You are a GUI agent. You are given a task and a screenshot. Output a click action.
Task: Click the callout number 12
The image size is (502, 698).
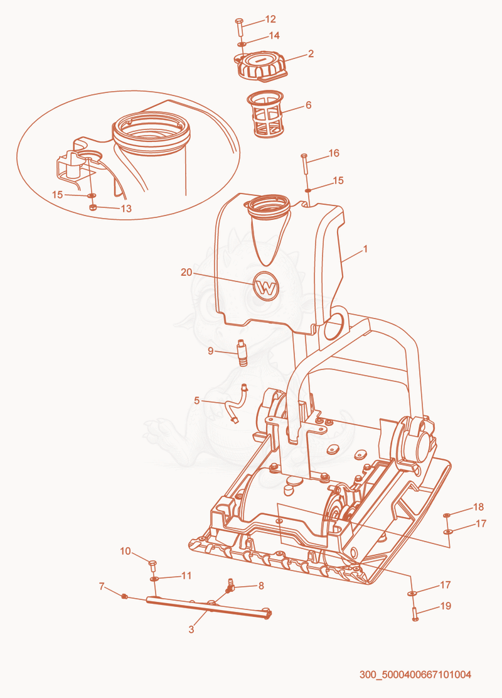(270, 19)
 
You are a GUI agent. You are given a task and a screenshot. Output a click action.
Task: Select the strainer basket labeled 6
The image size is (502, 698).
(265, 114)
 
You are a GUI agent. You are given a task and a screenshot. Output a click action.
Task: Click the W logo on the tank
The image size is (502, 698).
(266, 286)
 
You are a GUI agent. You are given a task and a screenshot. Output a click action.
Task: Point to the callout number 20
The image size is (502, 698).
(186, 272)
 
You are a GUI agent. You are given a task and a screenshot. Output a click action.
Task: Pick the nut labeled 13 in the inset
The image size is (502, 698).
(92, 207)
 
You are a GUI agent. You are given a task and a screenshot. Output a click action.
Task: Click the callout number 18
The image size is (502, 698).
(478, 506)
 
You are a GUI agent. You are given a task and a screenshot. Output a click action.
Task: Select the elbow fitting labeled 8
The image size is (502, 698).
(230, 586)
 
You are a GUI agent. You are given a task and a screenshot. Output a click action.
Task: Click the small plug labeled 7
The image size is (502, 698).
(124, 596)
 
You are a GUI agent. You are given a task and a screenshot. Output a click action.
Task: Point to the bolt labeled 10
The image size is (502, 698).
(152, 566)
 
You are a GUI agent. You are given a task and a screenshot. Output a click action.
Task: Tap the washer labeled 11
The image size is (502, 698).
(154, 579)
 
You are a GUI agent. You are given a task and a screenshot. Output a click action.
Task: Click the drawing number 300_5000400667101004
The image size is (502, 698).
(415, 674)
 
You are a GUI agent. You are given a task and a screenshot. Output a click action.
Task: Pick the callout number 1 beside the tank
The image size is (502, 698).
(365, 249)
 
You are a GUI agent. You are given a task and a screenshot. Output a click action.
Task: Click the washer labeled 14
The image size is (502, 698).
(242, 44)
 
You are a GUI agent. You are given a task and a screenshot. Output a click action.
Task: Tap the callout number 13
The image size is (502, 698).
(126, 209)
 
